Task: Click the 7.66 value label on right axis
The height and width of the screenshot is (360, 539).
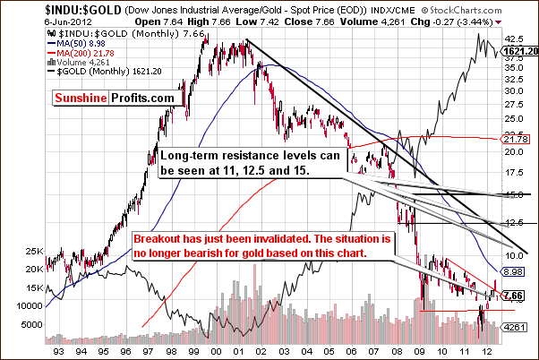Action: click(513, 296)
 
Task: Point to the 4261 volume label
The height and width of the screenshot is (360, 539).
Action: click(513, 326)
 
